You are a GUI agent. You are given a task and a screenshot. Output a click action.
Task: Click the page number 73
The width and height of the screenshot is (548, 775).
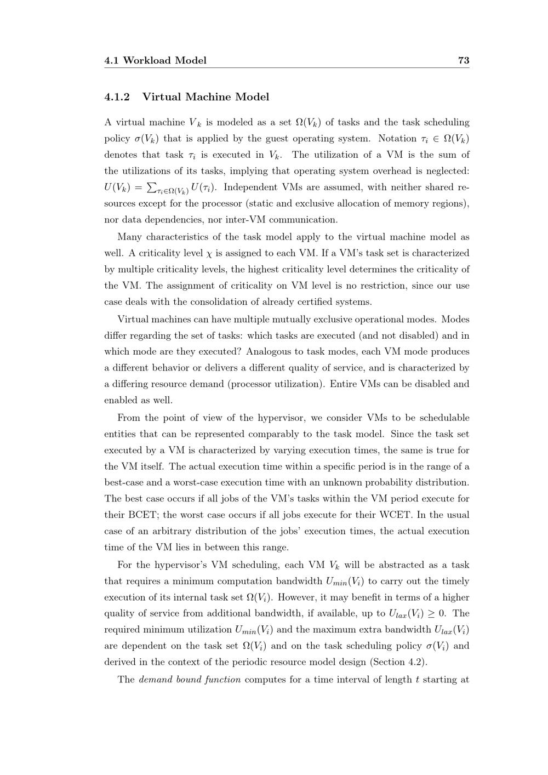[x=463, y=60]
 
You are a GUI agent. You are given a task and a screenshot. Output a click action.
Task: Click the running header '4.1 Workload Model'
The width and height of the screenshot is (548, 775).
[x=155, y=60]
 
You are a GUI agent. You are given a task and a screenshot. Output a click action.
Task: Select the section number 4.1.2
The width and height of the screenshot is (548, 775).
[x=117, y=97]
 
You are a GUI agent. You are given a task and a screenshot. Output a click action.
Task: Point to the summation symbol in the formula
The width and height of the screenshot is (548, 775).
[x=152, y=187]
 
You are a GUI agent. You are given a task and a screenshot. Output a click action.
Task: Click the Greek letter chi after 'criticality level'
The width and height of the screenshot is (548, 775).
[x=208, y=254]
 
